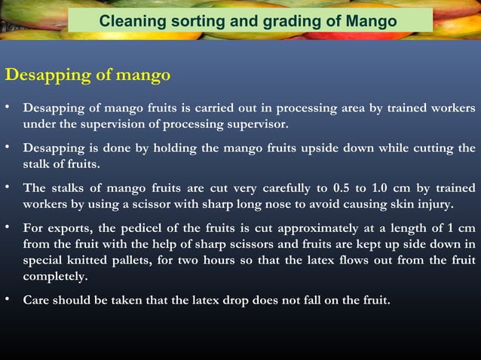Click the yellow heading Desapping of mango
coord(87,75)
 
